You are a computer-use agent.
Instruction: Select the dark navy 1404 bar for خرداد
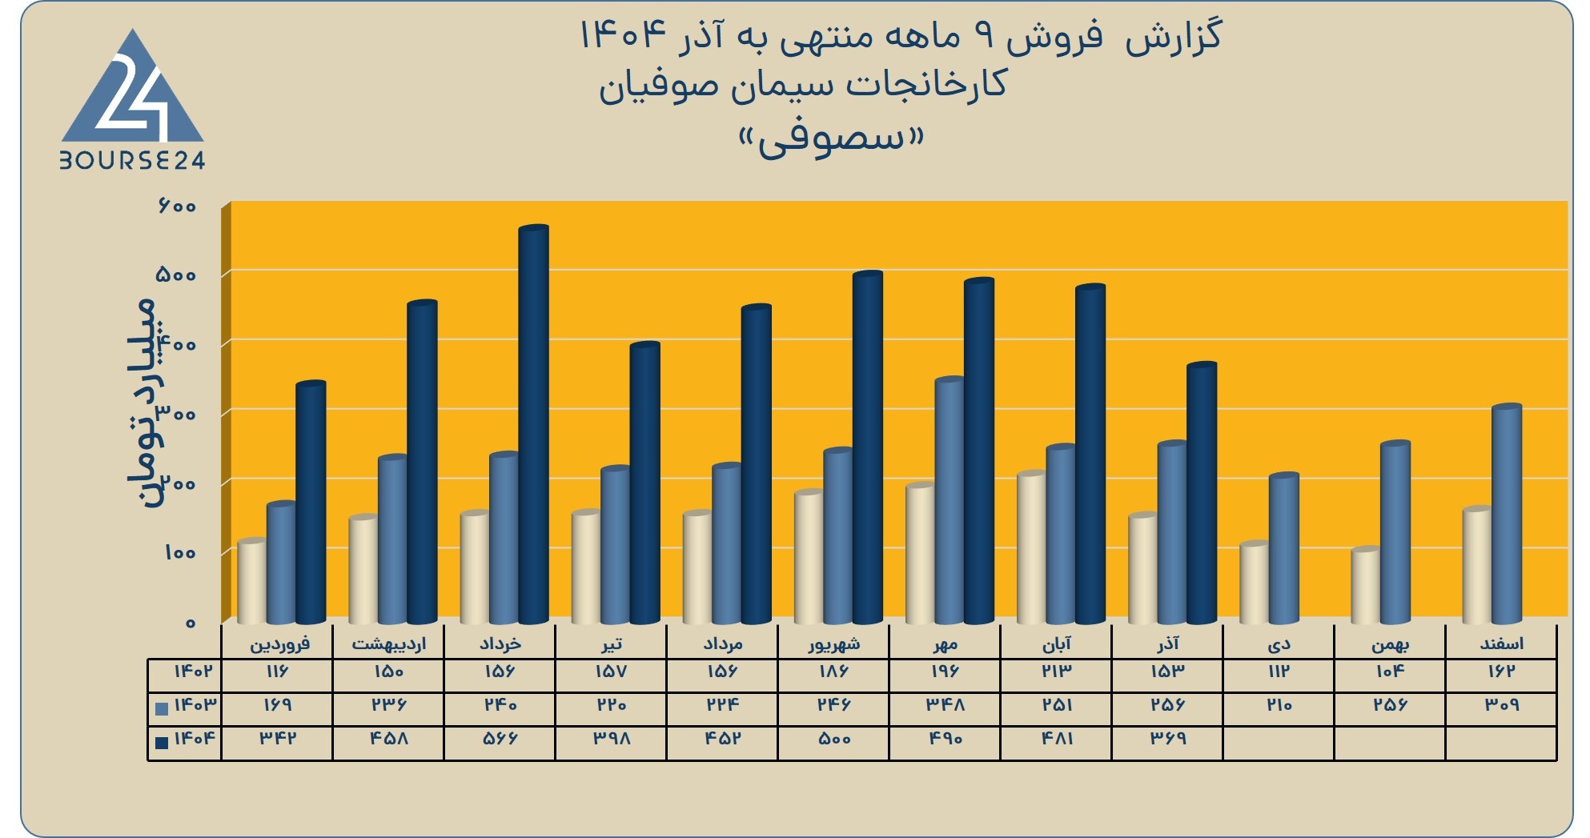(533, 424)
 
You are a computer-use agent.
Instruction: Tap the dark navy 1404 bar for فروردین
(311, 502)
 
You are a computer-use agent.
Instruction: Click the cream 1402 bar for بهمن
(1366, 585)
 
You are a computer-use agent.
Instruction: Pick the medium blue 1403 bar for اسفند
(1506, 514)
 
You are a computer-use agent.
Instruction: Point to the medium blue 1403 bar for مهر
(950, 500)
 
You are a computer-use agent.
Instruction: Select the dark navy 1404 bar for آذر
(1202, 493)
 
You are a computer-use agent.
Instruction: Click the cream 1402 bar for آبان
(1032, 547)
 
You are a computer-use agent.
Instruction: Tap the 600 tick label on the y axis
(177, 206)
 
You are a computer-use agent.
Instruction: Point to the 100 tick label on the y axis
(179, 553)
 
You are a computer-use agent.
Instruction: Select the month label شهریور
(833, 644)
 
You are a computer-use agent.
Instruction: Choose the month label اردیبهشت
(389, 644)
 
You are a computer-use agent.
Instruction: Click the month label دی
(1279, 644)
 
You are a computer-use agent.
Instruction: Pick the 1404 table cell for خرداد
(500, 739)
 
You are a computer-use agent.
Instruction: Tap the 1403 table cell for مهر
(946, 705)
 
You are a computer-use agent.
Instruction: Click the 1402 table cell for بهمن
(1390, 672)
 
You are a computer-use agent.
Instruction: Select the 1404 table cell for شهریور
(833, 739)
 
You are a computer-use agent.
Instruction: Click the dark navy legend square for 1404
(162, 742)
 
